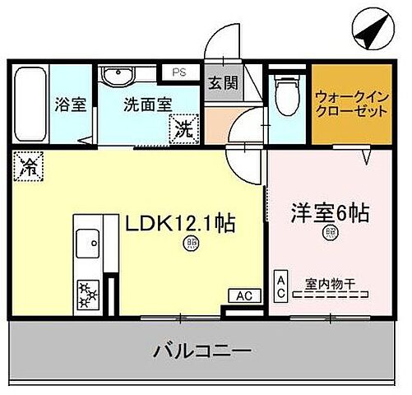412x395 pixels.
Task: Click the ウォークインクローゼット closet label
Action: [x=350, y=104]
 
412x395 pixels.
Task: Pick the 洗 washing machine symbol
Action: [x=183, y=128]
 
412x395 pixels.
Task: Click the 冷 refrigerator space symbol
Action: [x=27, y=167]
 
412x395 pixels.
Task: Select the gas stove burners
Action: [x=86, y=292]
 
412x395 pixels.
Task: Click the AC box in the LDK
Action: [x=244, y=295]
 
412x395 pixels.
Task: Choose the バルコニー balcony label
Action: [x=201, y=351]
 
